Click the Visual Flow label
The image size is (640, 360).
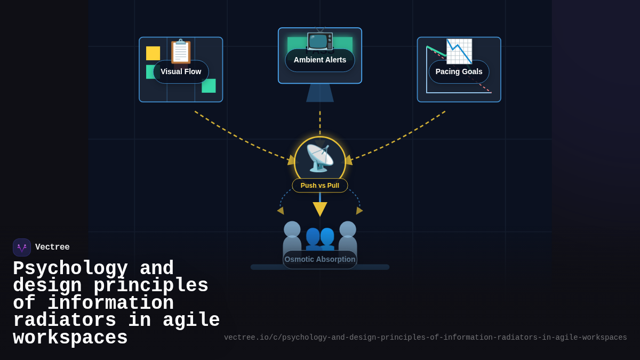(181, 71)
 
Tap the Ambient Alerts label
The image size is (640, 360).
(320, 60)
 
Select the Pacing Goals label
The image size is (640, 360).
(459, 71)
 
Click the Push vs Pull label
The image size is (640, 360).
(320, 186)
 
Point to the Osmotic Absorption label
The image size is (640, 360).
(320, 259)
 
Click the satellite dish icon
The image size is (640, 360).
(320, 158)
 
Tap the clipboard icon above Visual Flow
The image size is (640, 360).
(180, 51)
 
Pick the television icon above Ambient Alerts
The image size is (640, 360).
(320, 39)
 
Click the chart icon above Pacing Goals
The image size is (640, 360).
(459, 51)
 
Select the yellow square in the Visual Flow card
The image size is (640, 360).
(153, 53)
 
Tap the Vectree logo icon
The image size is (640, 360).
(22, 247)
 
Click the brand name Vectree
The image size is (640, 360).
(52, 247)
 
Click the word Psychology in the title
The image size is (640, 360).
(70, 268)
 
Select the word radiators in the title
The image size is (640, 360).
(65, 321)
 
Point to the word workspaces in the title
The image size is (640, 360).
(70, 338)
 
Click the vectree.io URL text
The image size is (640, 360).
(426, 338)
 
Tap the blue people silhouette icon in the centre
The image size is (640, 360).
(320, 238)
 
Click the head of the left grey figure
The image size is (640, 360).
(292, 229)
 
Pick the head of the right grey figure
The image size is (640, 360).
(348, 229)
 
